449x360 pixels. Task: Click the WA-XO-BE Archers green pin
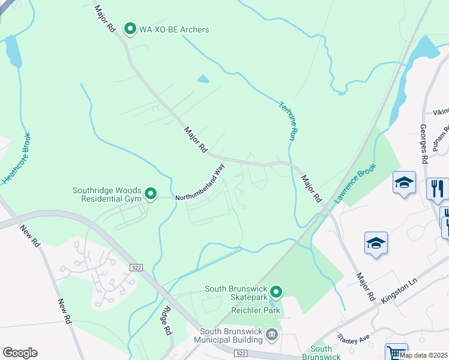pyautogui.click(x=129, y=28)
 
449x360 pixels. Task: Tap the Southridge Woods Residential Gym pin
pyautogui.click(x=151, y=193)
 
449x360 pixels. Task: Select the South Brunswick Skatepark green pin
pyautogui.click(x=276, y=292)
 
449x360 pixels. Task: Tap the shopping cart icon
pyautogui.click(x=396, y=352)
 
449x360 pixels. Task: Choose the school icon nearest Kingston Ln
pyautogui.click(x=376, y=243)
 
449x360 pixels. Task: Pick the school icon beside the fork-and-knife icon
pyautogui.click(x=404, y=182)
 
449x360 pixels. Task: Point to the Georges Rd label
pyautogui.click(x=423, y=143)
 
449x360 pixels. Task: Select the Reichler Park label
pyautogui.click(x=256, y=311)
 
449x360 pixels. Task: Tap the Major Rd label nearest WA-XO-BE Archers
pyautogui.click(x=104, y=20)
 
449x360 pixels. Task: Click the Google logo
pyautogui.click(x=20, y=353)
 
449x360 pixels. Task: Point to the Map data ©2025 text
pyautogui.click(x=423, y=355)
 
